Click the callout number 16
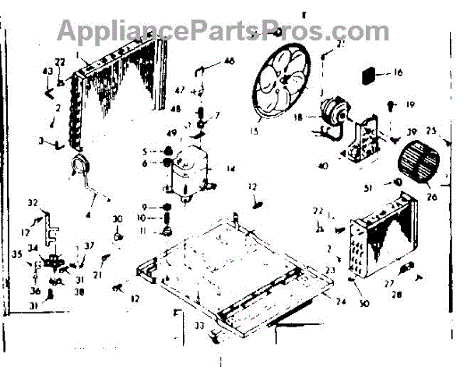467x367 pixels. pyautogui.click(x=398, y=74)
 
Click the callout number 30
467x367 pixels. pyautogui.click(x=118, y=218)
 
